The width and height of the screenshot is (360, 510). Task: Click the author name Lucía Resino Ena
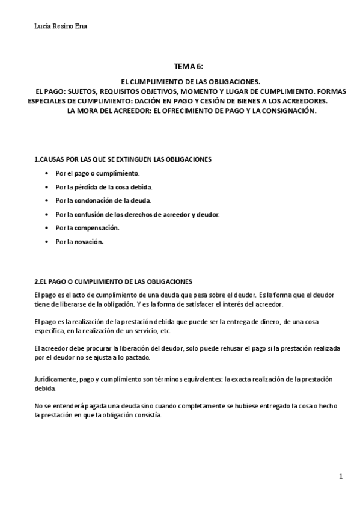pyautogui.click(x=61, y=26)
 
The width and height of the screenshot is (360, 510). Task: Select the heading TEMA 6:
pyautogui.click(x=189, y=67)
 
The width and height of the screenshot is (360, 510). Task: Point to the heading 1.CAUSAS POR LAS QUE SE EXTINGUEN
pyautogui.click(x=122, y=159)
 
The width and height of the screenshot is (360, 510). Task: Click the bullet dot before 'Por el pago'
pyautogui.click(x=47, y=173)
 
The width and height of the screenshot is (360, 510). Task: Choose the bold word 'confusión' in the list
pyautogui.click(x=89, y=214)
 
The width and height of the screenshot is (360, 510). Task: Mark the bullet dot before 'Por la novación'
pyautogui.click(x=47, y=242)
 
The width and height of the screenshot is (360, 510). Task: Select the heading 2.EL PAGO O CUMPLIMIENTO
pyautogui.click(x=113, y=281)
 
